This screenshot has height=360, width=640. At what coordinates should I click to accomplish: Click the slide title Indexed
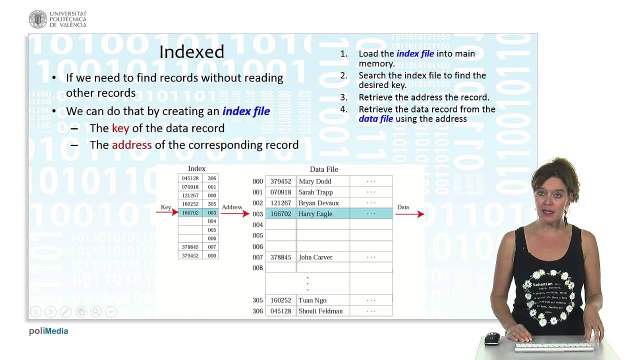click(x=191, y=52)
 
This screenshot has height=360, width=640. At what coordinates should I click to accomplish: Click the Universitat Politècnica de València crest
click(x=38, y=19)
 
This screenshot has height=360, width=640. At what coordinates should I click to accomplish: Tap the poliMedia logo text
click(x=48, y=331)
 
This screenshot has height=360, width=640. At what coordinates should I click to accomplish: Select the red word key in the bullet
click(x=120, y=128)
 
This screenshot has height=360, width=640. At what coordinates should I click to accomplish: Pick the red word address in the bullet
click(x=131, y=145)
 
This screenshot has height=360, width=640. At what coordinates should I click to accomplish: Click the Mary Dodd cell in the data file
click(x=315, y=181)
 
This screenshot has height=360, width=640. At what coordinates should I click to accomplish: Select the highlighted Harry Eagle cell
click(x=315, y=214)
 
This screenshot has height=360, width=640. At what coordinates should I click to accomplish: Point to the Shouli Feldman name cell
click(x=320, y=311)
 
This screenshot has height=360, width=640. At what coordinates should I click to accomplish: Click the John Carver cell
click(x=315, y=257)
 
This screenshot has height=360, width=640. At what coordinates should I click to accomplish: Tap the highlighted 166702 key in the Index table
click(x=190, y=213)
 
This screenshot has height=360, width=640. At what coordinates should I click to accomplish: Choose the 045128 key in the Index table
click(x=190, y=178)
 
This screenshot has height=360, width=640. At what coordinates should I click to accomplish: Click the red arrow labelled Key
click(x=167, y=212)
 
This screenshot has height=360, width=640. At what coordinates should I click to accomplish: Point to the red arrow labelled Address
click(x=234, y=213)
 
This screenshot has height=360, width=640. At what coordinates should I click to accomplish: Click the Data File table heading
click(x=324, y=169)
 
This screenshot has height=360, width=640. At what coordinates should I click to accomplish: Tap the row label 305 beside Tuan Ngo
click(x=257, y=300)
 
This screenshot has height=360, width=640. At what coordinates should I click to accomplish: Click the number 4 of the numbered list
click(x=343, y=109)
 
